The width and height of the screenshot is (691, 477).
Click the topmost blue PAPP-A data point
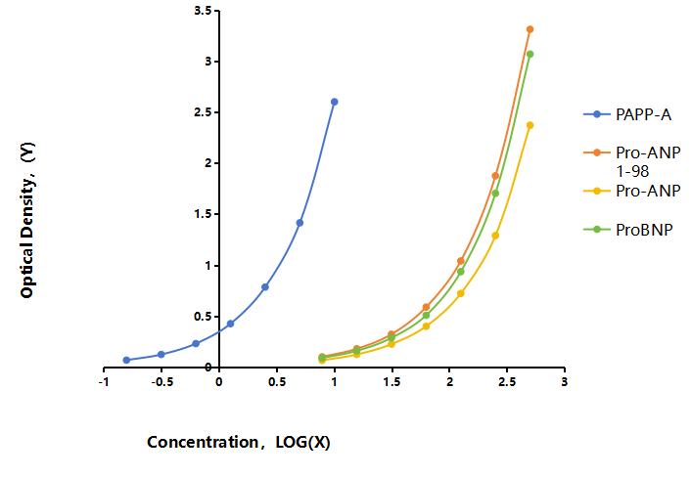(334, 102)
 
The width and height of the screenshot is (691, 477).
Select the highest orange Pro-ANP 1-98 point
(530, 29)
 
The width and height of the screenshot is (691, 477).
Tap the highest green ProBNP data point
(530, 54)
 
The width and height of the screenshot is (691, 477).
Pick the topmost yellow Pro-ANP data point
(530, 125)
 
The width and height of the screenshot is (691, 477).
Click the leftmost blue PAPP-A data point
(126, 360)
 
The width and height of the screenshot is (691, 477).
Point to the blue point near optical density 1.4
(299, 223)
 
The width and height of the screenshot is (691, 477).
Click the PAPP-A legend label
(643, 114)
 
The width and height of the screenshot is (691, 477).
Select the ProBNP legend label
(644, 230)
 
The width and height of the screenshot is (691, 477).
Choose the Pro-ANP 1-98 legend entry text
(648, 161)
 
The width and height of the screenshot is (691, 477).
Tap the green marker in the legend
(597, 230)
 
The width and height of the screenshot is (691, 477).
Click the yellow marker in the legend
(597, 191)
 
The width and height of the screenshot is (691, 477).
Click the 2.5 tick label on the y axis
(203, 112)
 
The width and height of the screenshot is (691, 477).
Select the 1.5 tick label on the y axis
(203, 214)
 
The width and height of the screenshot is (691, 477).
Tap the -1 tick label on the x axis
(104, 382)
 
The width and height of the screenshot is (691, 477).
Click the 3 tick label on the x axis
(564, 382)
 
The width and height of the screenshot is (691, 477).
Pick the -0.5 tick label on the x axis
(161, 382)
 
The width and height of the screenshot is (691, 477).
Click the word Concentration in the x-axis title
(203, 442)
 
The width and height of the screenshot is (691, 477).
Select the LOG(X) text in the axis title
(302, 442)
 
